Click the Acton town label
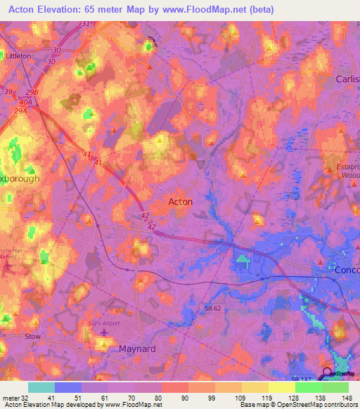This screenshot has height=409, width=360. click(181, 201)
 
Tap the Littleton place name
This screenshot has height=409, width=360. click(18, 56)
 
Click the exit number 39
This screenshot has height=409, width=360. click(8, 92)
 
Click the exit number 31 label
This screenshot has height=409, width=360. click(86, 24)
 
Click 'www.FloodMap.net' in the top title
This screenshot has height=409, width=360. click(210, 10)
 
